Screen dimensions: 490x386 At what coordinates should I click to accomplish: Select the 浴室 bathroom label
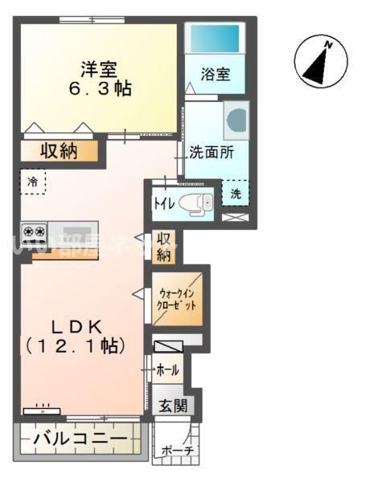click(216, 75)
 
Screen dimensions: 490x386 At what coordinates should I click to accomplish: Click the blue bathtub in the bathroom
click(214, 37)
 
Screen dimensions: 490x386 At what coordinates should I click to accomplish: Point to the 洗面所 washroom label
click(211, 151)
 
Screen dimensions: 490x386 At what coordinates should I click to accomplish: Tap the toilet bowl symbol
click(194, 203)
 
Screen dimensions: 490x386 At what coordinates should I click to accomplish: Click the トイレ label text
click(162, 203)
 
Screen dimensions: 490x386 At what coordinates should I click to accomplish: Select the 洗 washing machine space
click(236, 193)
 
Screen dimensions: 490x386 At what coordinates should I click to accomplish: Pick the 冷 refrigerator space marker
click(33, 182)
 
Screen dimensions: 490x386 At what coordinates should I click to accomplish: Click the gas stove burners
click(34, 232)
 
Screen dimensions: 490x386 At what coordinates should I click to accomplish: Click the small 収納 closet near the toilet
click(164, 247)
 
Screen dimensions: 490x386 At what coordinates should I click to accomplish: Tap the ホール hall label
click(167, 370)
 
